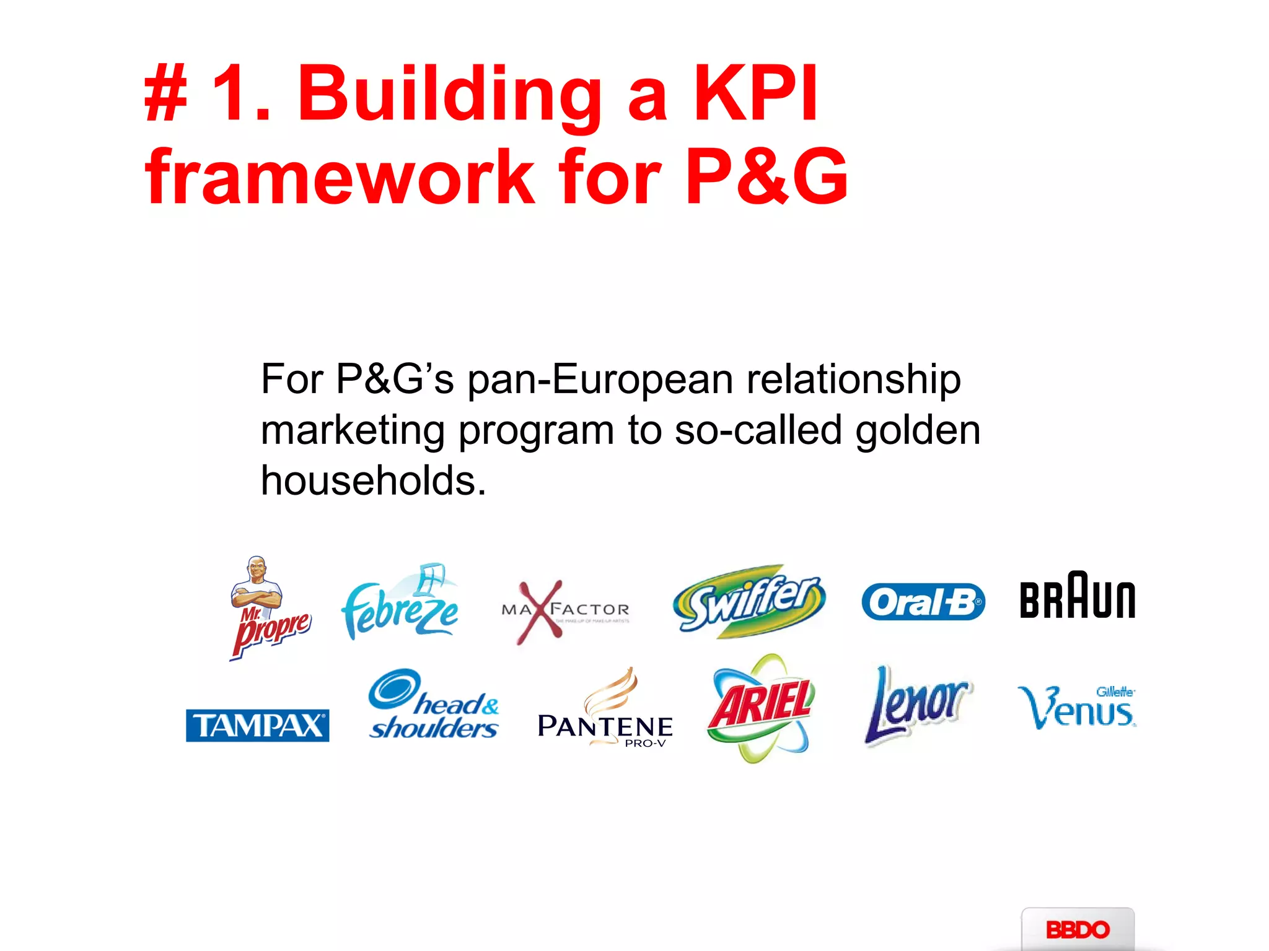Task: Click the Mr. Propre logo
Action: (x=268, y=610)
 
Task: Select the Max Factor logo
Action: (x=564, y=611)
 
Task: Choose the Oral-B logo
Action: (x=923, y=602)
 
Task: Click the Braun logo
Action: (x=1077, y=596)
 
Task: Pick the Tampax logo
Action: (x=257, y=725)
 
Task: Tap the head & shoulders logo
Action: (x=434, y=706)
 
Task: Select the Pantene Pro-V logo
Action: (x=605, y=712)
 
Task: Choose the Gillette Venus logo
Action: (x=1077, y=707)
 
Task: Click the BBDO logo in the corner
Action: (x=1078, y=929)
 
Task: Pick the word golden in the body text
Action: (x=918, y=430)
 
